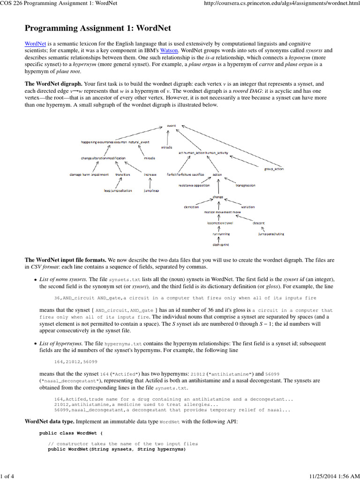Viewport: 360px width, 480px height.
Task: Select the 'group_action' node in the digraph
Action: [273, 169]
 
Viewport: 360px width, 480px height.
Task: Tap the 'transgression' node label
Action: [245, 185]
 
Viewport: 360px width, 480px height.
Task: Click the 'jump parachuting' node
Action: [270, 233]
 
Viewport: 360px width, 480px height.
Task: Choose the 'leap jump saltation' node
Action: [118, 191]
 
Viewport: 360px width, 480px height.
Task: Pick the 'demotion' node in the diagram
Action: [191, 207]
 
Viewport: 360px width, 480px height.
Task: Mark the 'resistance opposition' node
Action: [194, 185]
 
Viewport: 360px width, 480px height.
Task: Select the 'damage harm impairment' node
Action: [89, 174]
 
